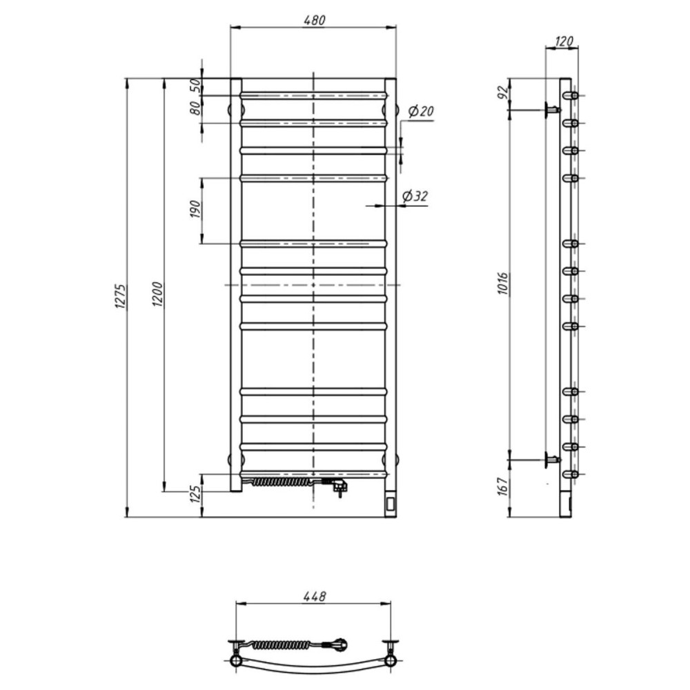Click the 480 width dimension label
(314, 20)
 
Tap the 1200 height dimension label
(157, 294)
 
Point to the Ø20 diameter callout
(421, 111)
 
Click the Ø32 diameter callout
(415, 196)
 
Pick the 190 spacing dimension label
(195, 209)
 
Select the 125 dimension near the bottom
(196, 494)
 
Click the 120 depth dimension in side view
(564, 41)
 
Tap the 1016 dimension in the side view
(503, 284)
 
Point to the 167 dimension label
(503, 486)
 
